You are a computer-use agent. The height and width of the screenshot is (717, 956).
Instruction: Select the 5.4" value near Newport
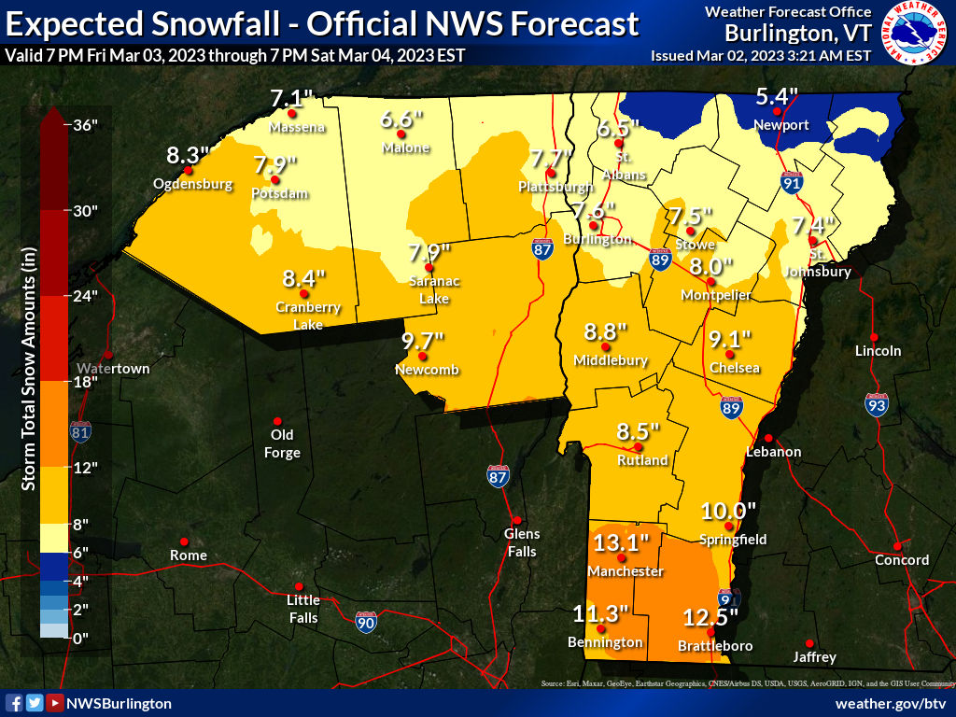click(777, 96)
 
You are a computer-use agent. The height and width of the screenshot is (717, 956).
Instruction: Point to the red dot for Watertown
click(108, 355)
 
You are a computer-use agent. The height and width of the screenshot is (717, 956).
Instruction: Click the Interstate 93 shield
click(876, 404)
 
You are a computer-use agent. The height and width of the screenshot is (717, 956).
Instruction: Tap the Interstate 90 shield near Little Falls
click(367, 622)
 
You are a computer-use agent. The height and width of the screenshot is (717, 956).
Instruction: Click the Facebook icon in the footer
click(14, 703)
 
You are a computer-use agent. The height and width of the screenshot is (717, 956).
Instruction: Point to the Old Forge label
click(282, 443)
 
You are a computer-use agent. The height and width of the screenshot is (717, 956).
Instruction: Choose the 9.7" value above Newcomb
click(423, 341)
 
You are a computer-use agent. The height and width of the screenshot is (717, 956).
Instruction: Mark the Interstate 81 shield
click(80, 431)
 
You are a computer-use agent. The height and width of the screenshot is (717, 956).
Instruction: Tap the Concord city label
click(902, 560)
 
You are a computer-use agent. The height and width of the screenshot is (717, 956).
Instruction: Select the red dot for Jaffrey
click(809, 642)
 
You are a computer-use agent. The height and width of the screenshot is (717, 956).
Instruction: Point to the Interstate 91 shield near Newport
click(793, 182)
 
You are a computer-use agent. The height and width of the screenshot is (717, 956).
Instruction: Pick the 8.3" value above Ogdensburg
click(188, 155)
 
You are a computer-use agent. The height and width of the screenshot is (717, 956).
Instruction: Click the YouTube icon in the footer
click(55, 703)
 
